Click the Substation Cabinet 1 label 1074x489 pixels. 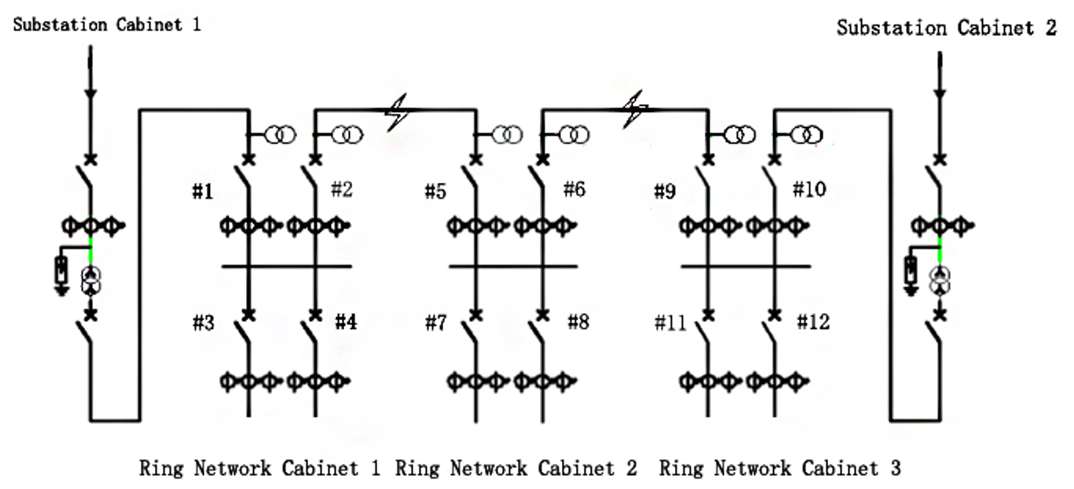click(107, 24)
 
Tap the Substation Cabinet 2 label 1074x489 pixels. click(946, 28)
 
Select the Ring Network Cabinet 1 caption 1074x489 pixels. click(259, 468)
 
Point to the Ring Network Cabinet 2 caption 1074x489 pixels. click(516, 468)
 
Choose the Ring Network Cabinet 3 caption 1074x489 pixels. click(780, 468)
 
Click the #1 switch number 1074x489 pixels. click(202, 192)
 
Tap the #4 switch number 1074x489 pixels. click(346, 322)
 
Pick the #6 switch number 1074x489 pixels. click(574, 190)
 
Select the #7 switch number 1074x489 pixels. click(436, 323)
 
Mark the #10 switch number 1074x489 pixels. click(810, 190)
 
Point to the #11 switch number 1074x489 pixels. click(670, 323)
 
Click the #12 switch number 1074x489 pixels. click(813, 322)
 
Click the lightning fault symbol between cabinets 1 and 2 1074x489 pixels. click(397, 112)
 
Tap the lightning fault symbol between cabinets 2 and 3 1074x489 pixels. click(635, 109)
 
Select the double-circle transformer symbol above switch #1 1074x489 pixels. click(280, 135)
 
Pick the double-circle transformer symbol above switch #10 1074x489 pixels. click(806, 135)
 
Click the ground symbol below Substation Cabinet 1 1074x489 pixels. click(62, 290)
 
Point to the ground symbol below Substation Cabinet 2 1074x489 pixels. click(910, 290)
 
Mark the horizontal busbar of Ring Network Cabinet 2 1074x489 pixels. click(513, 266)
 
